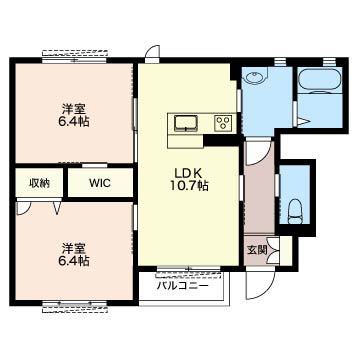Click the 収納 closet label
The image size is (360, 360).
[x=39, y=183]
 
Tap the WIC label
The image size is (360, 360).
[x=100, y=183]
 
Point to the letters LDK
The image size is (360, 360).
[x=188, y=170]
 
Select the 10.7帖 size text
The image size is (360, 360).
[x=188, y=186]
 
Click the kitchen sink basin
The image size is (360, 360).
[x=187, y=123]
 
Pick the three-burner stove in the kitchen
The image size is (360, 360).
[x=222, y=123]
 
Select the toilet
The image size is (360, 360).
[x=296, y=208]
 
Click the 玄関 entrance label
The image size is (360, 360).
[x=257, y=249]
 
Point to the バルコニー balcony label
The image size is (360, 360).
[x=182, y=286]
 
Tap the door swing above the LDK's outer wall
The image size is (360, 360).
[x=151, y=53]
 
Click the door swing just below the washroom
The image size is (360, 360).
[x=258, y=152]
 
